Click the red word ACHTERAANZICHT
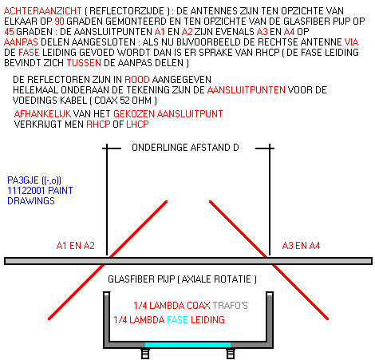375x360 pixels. click(x=42, y=11)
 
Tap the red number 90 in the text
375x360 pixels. click(x=59, y=22)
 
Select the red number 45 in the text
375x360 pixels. click(x=10, y=32)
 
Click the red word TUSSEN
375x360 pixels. click(x=84, y=63)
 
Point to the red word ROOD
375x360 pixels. click(x=137, y=80)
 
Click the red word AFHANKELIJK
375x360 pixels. click(x=42, y=114)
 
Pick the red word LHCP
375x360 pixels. click(x=137, y=125)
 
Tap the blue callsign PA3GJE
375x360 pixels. click(x=23, y=180)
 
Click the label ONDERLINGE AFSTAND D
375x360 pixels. click(x=185, y=148)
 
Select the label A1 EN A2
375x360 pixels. click(x=76, y=246)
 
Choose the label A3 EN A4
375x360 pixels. click(x=301, y=246)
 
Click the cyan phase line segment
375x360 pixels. click(x=187, y=345)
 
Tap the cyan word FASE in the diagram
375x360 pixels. click(x=178, y=320)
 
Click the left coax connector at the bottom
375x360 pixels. click(x=145, y=354)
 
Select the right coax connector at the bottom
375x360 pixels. click(x=231, y=354)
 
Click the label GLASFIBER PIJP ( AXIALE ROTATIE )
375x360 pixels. click(x=182, y=279)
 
